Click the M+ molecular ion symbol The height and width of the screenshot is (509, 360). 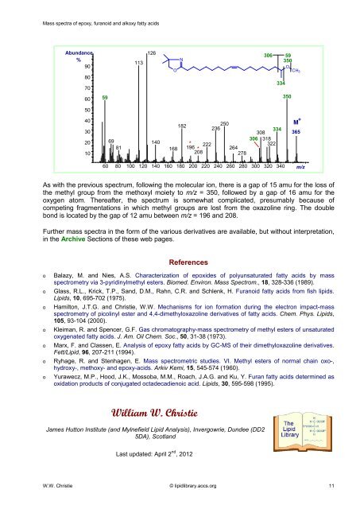pos(296,119)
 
